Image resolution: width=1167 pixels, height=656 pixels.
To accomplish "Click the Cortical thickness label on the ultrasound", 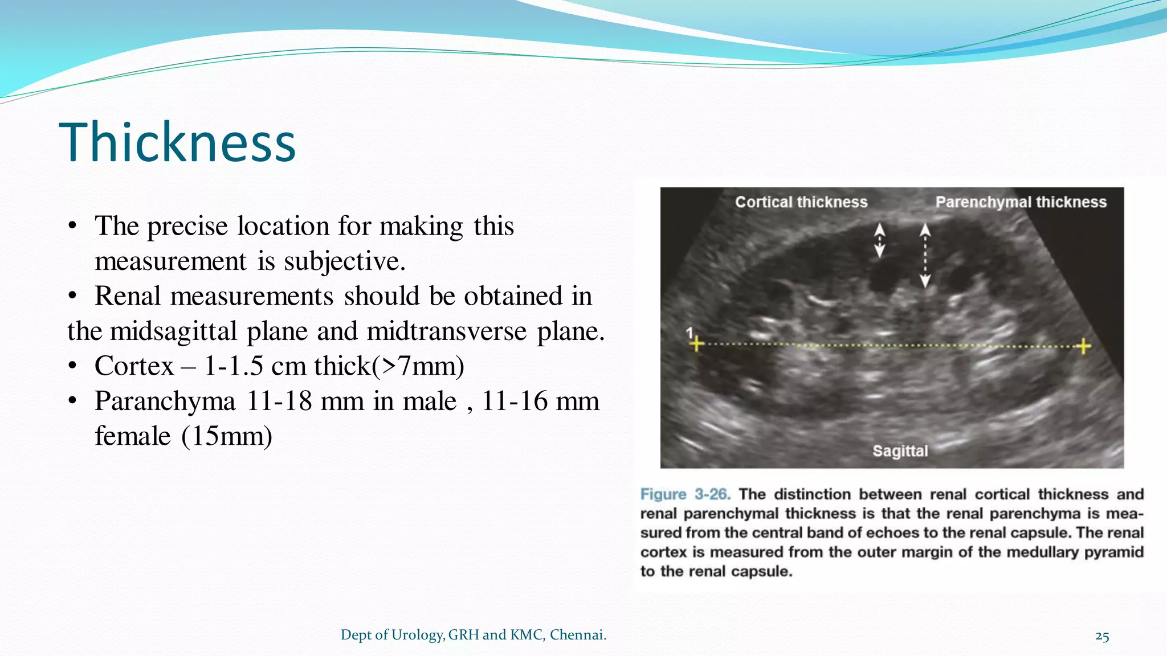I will point(801,202).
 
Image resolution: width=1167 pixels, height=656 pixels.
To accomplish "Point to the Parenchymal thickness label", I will point(1021,202).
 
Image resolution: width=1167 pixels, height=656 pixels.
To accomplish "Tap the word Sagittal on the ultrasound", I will point(900,451).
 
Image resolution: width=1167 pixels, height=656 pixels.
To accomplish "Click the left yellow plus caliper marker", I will point(696,344).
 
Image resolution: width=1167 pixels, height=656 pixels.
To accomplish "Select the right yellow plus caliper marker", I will point(1083,346).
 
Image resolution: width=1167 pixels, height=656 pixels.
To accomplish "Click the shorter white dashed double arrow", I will point(880,240).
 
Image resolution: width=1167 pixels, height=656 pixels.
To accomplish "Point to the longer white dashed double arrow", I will point(925,255).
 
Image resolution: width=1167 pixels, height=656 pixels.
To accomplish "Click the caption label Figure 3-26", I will point(685,494).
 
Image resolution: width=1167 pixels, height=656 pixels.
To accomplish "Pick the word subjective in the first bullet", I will point(344,261).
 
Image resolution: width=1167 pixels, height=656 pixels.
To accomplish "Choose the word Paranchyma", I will point(165,401).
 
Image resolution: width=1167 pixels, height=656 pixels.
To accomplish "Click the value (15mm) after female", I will point(226,437).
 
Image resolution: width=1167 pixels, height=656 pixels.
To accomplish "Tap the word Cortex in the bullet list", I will point(134,366).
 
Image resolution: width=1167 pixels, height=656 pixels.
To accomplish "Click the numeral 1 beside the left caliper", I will point(689,333).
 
